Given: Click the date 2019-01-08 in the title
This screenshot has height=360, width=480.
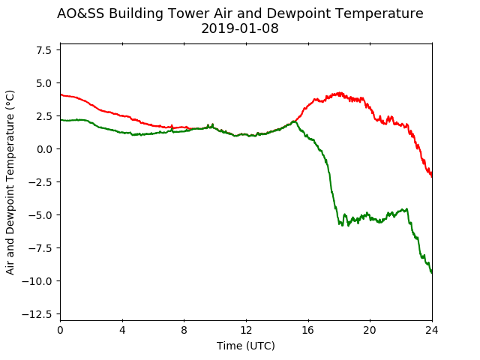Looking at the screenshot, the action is click(240, 28).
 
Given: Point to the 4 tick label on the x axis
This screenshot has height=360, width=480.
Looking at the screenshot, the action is click(122, 330).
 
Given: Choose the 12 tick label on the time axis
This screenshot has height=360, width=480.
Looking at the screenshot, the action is click(246, 330).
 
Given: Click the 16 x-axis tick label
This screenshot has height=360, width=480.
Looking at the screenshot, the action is click(308, 330).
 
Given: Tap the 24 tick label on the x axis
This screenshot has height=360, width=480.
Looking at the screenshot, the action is click(432, 330).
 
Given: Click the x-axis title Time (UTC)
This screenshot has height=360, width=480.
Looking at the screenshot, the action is click(246, 346).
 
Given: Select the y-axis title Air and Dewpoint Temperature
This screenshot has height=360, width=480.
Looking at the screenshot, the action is click(10, 182).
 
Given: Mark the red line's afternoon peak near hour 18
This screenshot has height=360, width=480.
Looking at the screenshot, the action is click(339, 93).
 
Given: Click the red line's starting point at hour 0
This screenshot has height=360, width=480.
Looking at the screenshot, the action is click(61, 94).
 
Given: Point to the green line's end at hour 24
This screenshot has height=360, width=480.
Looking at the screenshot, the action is click(432, 273).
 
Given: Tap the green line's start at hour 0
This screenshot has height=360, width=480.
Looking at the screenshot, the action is click(61, 120).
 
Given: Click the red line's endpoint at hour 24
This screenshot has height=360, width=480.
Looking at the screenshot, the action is click(432, 177).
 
